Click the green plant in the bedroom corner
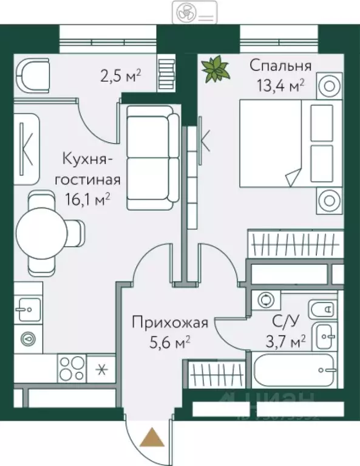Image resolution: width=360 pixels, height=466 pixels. coord(214,69)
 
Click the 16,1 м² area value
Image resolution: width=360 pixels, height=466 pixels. coord(88,197)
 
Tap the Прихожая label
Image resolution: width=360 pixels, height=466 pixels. coord(171,322)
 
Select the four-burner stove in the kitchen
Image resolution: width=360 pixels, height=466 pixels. coord(72,369)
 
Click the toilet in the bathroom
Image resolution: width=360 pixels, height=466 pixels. coord(321,310)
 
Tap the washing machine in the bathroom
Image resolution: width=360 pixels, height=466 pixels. coord(265,299)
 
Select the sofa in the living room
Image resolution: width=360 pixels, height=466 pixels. coord(152,157)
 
